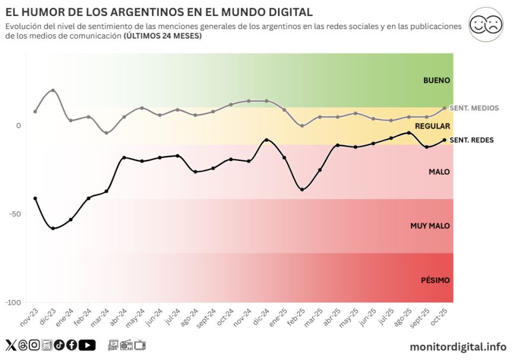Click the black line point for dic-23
(x=53, y=228)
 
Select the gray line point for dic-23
(x=53, y=90)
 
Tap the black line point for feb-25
(x=302, y=190)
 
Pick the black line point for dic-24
(x=266, y=140)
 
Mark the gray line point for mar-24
(x=106, y=133)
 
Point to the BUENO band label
(x=437, y=80)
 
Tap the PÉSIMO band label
(x=436, y=280)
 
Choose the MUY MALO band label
(x=430, y=226)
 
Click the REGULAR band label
(x=432, y=126)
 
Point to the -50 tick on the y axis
(x=14, y=214)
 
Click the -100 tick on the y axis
(x=12, y=302)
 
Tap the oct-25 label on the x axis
(x=439, y=314)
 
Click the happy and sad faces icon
(x=485, y=24)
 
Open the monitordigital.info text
(x=458, y=346)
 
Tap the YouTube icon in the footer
(x=87, y=345)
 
